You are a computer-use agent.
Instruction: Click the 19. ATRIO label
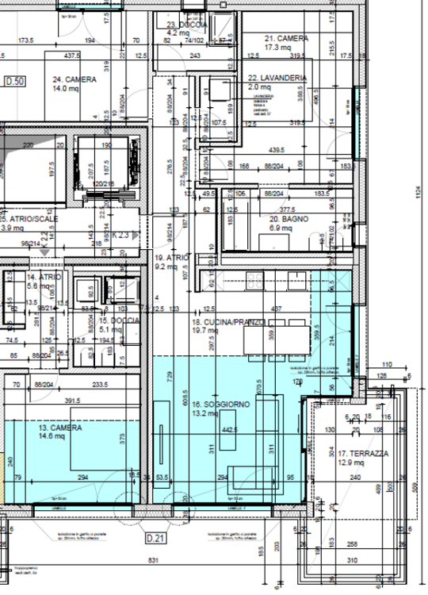click(x=170, y=258)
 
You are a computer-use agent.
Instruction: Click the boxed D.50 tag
click(x=15, y=82)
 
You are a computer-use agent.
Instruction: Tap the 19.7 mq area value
click(x=209, y=331)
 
